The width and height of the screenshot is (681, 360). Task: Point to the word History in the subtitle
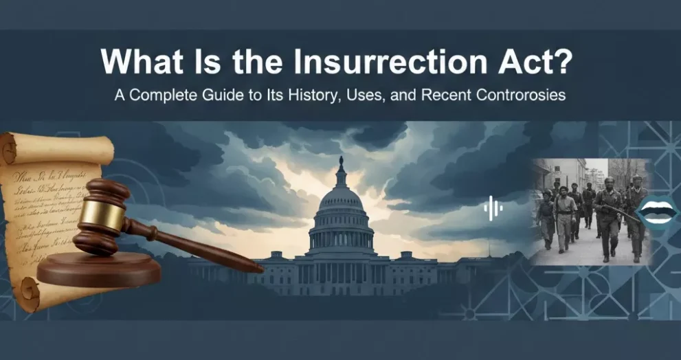pos(298,95)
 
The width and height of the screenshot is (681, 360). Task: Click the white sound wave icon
pos(492,208)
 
